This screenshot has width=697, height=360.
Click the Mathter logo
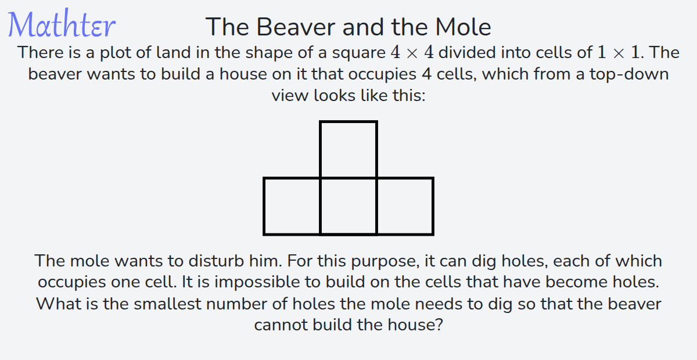pyautogui.click(x=62, y=24)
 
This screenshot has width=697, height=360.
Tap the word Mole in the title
pyautogui.click(x=463, y=27)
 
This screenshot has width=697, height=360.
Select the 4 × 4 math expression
pyautogui.click(x=412, y=52)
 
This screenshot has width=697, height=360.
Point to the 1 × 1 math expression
pyautogui.click(x=619, y=52)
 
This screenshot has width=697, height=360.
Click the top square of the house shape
pyautogui.click(x=348, y=149)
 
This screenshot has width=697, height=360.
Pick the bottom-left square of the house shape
pyautogui.click(x=292, y=206)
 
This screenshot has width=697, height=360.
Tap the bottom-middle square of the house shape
pyautogui.click(x=348, y=206)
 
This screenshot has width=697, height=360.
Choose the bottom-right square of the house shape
pyautogui.click(x=405, y=206)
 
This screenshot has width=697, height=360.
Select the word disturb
pyautogui.click(x=216, y=261)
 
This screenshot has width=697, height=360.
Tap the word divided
pyautogui.click(x=467, y=52)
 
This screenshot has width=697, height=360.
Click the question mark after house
pyautogui.click(x=438, y=325)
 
